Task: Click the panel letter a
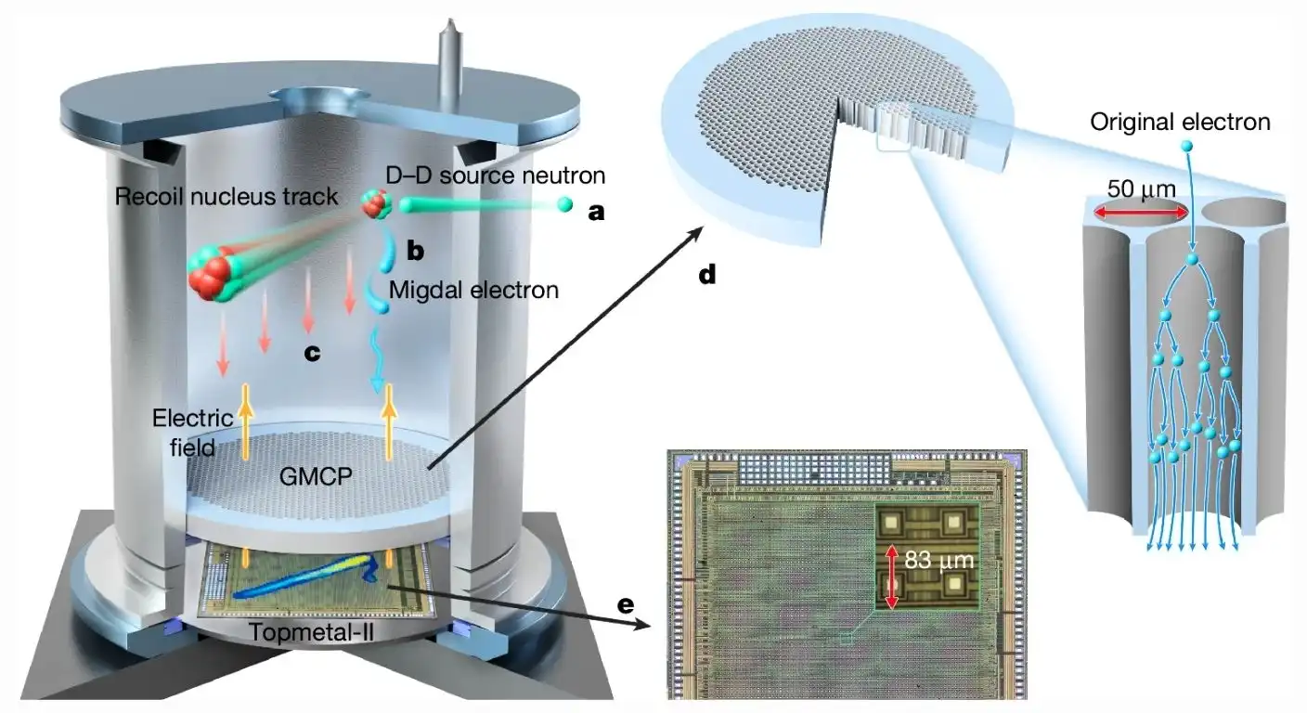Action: click(x=596, y=212)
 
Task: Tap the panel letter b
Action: click(x=414, y=252)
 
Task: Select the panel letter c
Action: click(x=312, y=354)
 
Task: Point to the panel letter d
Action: click(x=707, y=276)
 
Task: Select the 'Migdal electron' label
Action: click(x=473, y=291)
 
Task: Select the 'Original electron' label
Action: click(x=1179, y=122)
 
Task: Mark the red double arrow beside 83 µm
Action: click(x=891, y=577)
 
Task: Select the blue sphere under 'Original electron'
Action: click(x=1185, y=147)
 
